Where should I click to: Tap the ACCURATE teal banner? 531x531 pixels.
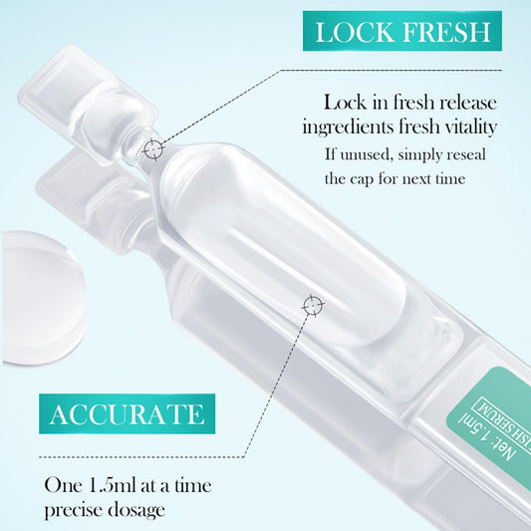tap(126, 411)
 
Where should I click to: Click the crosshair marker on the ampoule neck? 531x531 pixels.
tap(152, 149)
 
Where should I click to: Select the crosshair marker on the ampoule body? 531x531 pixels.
tap(312, 303)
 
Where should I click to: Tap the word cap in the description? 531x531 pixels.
tap(369, 179)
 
